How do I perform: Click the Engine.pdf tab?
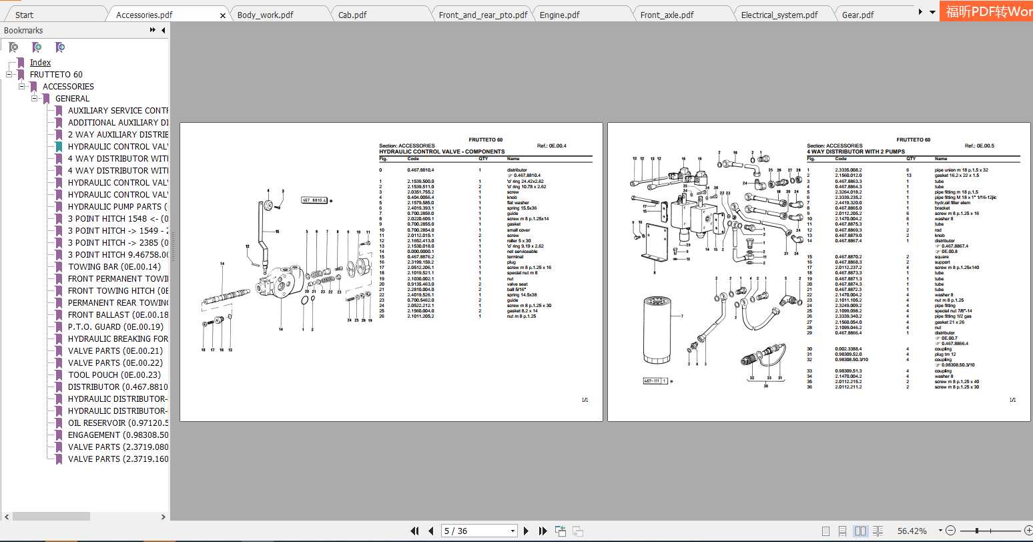point(559,15)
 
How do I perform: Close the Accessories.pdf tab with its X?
point(223,15)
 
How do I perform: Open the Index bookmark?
point(40,63)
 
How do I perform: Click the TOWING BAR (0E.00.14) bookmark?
point(105,267)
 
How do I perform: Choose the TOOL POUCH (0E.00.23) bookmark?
point(114,375)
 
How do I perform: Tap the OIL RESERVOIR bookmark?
point(117,423)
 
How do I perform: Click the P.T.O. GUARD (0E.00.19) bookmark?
point(115,327)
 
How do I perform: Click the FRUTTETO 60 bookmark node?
point(56,75)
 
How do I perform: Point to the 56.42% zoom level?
point(912,531)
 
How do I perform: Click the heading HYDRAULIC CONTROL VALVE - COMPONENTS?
point(442,152)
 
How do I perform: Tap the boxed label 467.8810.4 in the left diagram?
point(314,200)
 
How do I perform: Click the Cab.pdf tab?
point(352,15)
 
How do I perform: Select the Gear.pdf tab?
point(857,15)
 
